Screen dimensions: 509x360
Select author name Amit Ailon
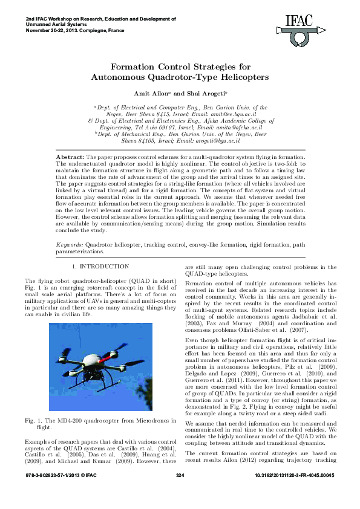pos(151,94)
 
